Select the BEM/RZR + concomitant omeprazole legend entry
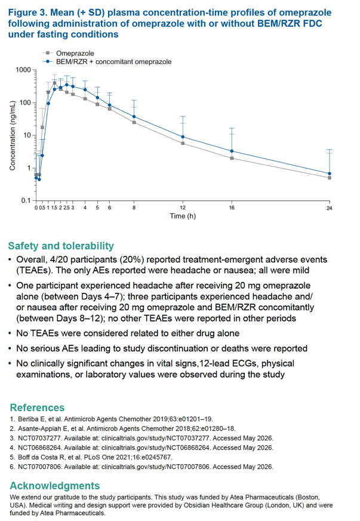click(107, 62)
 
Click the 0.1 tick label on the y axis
click(26, 200)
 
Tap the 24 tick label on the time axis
click(329, 208)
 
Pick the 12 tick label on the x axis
click(183, 208)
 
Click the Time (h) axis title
click(183, 216)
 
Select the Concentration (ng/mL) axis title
click(13, 135)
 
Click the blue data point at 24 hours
click(330, 173)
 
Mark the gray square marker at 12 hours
click(183, 143)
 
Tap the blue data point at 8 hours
click(134, 117)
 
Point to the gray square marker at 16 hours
click(232, 158)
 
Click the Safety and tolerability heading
click(61, 246)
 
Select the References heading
click(37, 407)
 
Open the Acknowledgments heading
click(55, 486)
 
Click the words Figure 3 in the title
click(27, 13)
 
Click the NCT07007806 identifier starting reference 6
click(39, 467)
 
